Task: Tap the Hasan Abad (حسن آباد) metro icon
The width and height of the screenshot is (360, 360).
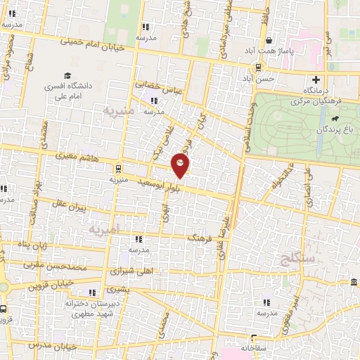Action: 259,68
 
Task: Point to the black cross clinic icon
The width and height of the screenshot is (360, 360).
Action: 316,79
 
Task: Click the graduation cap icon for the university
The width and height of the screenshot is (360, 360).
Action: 67,75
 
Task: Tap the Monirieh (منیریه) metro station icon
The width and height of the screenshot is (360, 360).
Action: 117,168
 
